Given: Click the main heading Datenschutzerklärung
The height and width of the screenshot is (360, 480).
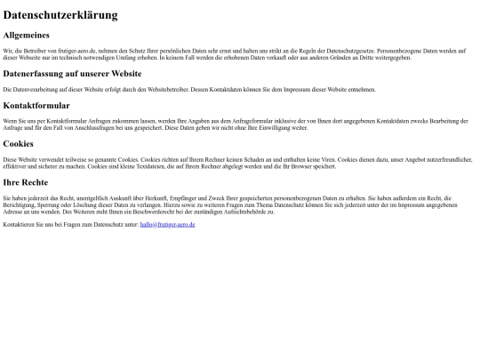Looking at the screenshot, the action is coord(60,15).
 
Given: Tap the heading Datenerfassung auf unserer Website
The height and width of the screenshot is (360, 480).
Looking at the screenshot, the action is coord(72,74).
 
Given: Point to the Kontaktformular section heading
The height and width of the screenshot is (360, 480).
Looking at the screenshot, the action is coord(36,105).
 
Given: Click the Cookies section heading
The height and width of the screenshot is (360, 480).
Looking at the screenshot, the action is coord(19,143).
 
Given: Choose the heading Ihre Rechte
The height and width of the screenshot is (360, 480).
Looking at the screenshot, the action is coord(26,182).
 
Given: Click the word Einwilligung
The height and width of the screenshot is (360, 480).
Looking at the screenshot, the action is coord(264,128).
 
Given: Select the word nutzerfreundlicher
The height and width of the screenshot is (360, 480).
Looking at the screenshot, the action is coord(445,159).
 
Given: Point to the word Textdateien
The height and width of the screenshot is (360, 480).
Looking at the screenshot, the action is coord(151,166).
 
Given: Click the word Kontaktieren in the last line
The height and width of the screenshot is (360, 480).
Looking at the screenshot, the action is coord(17,225).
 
